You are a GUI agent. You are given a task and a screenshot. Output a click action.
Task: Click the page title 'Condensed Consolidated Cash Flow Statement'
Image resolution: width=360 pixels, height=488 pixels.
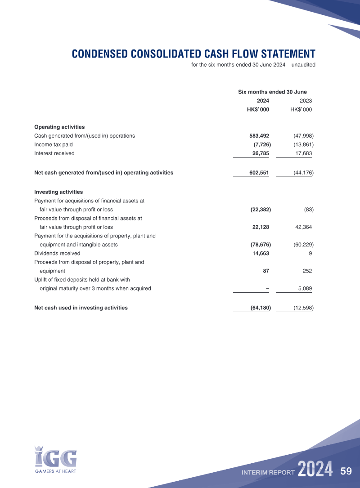(x=193, y=54)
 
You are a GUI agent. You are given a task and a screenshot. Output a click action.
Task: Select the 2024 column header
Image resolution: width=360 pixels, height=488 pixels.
(x=263, y=101)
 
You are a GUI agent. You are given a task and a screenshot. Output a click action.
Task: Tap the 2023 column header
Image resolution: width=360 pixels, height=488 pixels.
(x=306, y=101)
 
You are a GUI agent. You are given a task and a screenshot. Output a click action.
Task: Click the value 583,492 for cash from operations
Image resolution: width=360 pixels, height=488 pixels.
(x=259, y=135)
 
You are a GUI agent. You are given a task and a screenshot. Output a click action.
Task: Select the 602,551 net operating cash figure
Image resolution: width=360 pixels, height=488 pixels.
(x=259, y=172)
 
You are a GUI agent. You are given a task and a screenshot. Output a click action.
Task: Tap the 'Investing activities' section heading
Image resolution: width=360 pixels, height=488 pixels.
(x=58, y=192)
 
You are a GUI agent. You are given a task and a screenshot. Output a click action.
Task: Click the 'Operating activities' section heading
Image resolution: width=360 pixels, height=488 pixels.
(x=59, y=127)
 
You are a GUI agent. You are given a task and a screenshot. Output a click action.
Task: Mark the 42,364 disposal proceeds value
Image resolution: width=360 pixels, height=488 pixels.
(x=303, y=227)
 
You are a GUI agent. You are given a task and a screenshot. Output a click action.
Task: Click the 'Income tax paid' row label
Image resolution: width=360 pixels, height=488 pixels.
(x=53, y=144)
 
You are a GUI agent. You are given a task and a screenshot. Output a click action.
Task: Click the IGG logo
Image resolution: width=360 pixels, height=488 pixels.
(x=56, y=457)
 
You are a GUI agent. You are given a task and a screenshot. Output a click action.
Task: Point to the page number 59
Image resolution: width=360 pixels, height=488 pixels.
(x=346, y=471)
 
